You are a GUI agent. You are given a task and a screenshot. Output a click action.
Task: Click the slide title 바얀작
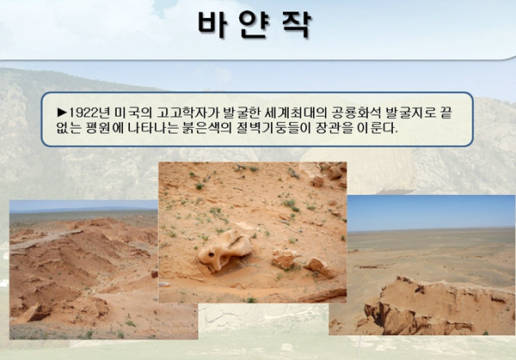pyautogui.click(x=254, y=25)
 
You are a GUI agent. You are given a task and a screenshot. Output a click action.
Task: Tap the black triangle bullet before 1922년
pyautogui.click(x=62, y=113)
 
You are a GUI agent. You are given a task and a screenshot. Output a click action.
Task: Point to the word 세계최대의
pyautogui.click(x=292, y=113)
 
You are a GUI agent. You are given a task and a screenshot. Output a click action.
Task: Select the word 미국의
pyautogui.click(x=133, y=113)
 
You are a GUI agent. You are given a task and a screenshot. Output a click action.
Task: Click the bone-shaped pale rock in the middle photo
pyautogui.click(x=225, y=250)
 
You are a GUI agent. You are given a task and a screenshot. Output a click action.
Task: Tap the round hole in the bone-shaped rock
pyautogui.click(x=211, y=255)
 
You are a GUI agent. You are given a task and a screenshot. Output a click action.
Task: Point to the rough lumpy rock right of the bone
pyautogui.click(x=285, y=258)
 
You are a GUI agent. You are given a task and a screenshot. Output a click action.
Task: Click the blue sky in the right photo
pyautogui.click(x=431, y=212)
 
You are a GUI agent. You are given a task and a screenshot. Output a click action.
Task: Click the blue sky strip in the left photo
pyautogui.click(x=83, y=205)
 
